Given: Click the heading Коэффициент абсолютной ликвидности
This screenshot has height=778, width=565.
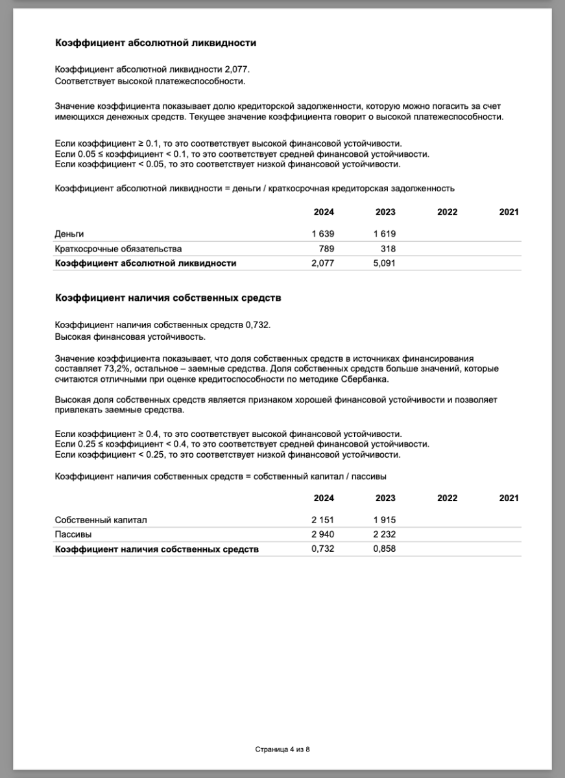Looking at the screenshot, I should click(156, 43).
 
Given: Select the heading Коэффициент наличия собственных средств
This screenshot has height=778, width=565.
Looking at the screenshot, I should click(168, 298).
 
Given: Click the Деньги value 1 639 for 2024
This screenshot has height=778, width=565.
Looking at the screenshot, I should click(323, 234).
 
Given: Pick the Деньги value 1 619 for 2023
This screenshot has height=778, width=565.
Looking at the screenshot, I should click(385, 234).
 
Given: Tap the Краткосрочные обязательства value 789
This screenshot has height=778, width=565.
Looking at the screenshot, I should click(326, 249).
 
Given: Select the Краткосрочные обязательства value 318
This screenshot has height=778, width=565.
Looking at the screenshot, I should click(388, 249).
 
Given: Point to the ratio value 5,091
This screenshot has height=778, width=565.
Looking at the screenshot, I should click(385, 263).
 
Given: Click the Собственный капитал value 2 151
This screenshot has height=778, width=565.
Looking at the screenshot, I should click(323, 520).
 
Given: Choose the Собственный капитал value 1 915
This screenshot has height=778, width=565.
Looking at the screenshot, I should click(385, 520).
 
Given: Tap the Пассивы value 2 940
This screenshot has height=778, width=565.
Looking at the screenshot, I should click(323, 535).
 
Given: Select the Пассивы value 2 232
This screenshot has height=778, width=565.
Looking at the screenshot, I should click(385, 535).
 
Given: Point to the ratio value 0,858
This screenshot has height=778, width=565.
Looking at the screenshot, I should click(385, 549).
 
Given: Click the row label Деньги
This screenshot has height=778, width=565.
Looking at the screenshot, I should click(69, 234).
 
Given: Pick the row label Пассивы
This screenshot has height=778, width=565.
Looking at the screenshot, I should click(73, 535).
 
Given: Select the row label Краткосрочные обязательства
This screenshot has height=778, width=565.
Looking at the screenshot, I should click(119, 249).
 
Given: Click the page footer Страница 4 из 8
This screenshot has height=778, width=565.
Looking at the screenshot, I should click(282, 749).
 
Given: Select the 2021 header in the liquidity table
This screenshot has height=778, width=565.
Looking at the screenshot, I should click(509, 212).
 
